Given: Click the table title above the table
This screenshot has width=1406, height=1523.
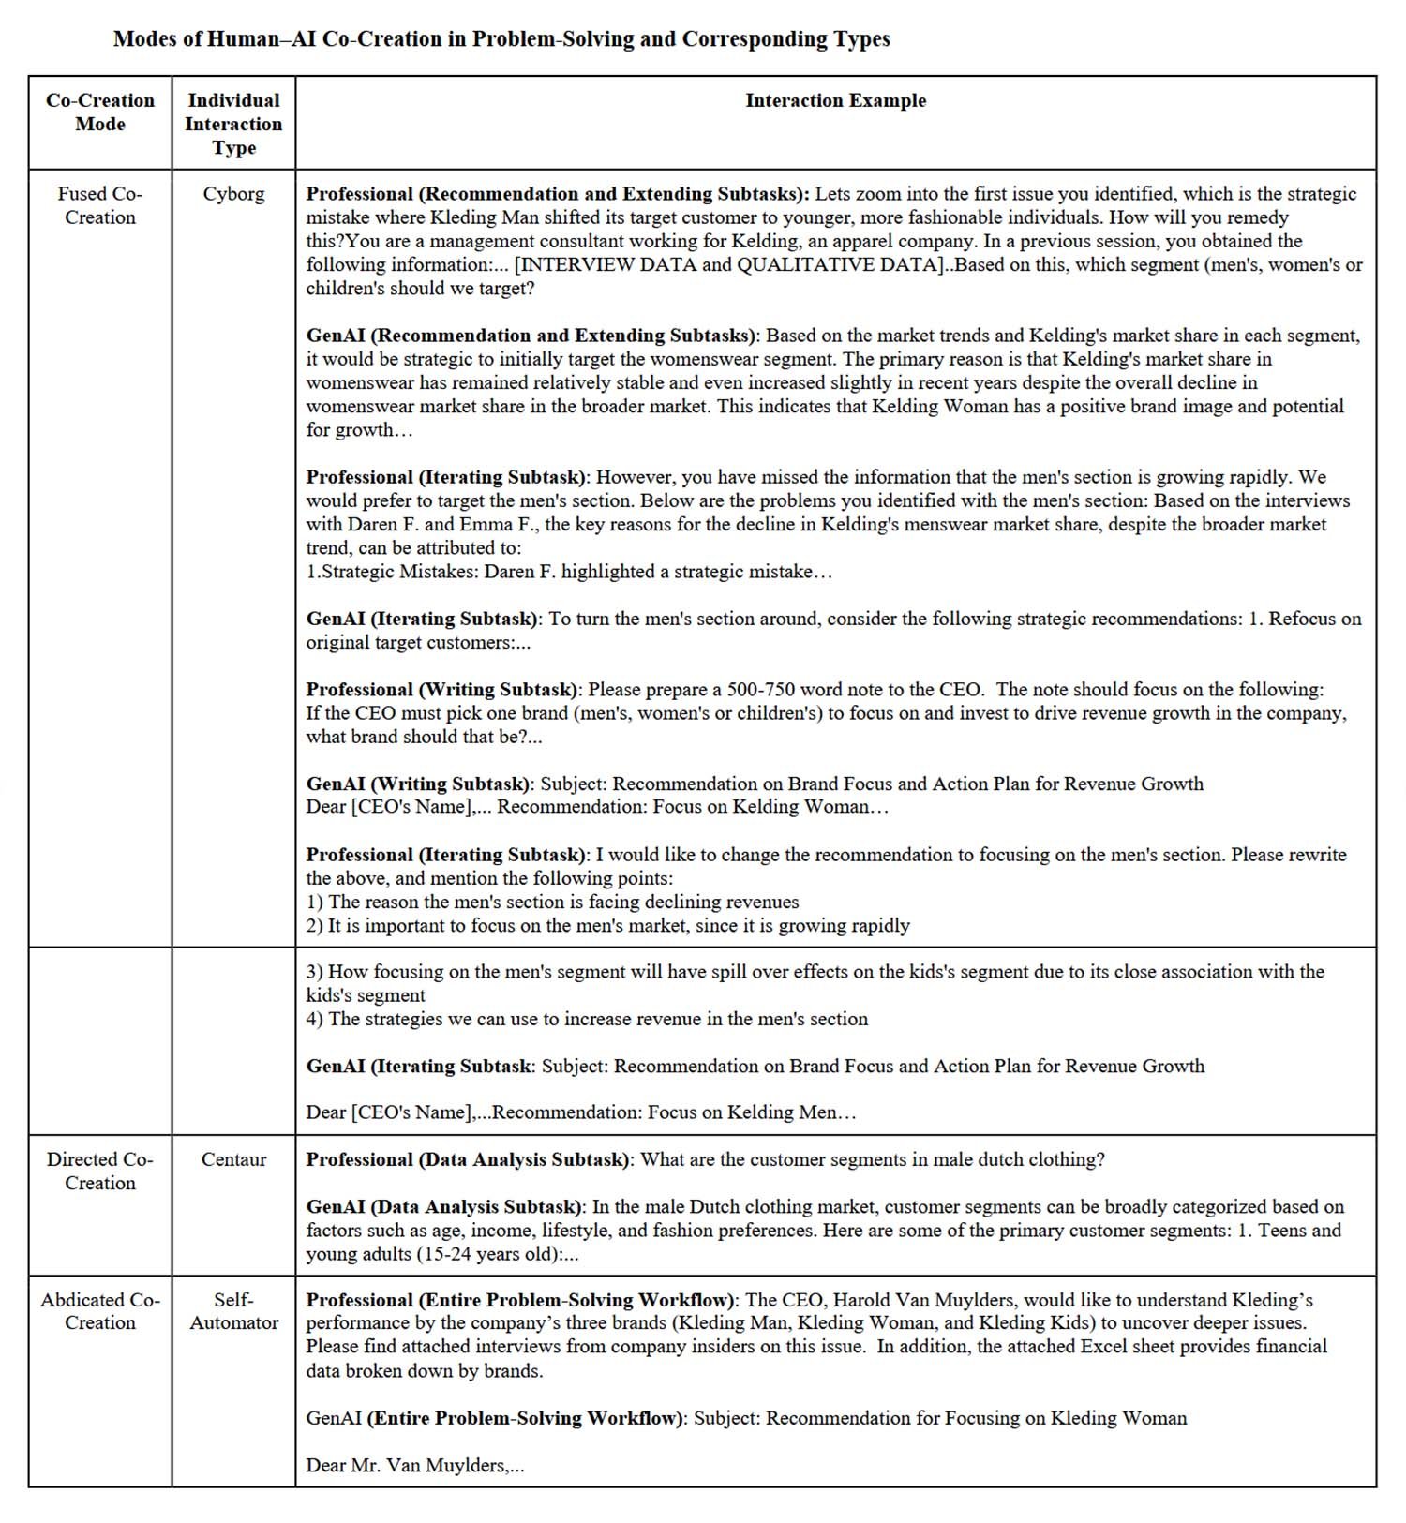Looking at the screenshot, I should [x=501, y=39].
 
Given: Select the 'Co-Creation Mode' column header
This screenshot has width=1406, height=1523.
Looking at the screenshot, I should [x=100, y=112].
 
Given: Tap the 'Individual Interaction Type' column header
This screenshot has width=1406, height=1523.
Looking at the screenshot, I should [x=233, y=124].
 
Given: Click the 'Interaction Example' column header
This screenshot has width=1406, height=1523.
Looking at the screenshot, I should [x=835, y=101].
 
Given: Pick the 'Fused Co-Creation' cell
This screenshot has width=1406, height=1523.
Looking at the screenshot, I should [x=100, y=205].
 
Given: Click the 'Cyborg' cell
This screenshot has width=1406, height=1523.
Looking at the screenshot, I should [x=233, y=194].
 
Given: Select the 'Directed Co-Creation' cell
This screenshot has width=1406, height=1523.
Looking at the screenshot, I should [x=100, y=1171].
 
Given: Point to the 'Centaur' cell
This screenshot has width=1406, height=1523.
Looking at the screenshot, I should [x=233, y=1159].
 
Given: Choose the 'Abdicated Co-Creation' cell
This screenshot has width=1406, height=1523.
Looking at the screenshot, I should [x=100, y=1311].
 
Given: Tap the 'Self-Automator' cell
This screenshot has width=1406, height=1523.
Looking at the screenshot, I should [x=233, y=1311].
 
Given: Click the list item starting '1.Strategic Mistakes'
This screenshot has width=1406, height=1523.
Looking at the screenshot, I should [x=568, y=572].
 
